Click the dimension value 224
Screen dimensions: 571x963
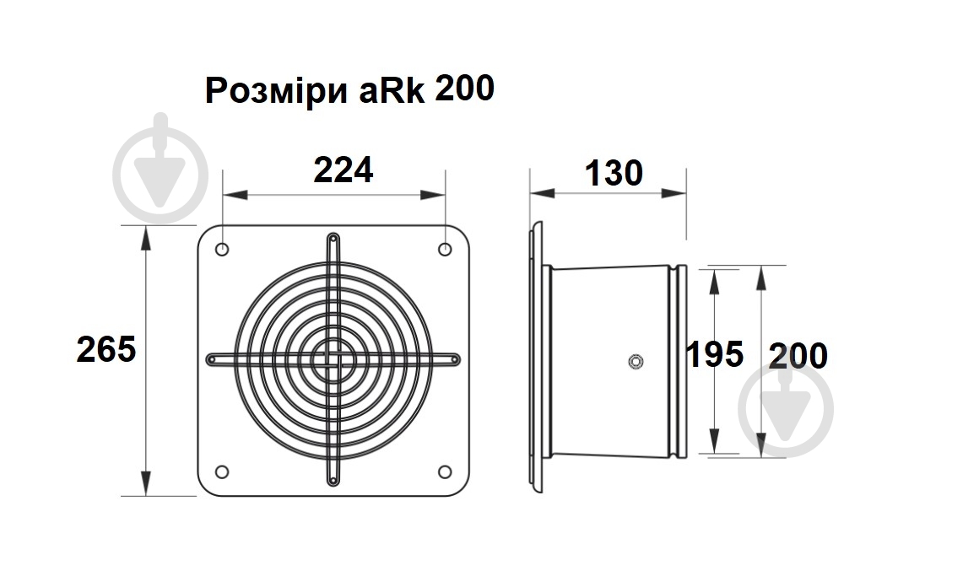(x=343, y=170)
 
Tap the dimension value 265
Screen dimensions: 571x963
(x=106, y=348)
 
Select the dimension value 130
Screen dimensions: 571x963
(x=614, y=173)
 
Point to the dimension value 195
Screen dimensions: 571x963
(x=714, y=354)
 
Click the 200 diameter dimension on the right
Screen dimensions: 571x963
(x=798, y=356)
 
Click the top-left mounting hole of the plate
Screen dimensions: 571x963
(x=222, y=250)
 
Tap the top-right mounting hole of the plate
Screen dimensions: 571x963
(x=445, y=250)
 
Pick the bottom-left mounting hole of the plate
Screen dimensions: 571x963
(x=222, y=471)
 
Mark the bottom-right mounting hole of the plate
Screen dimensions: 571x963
(x=445, y=471)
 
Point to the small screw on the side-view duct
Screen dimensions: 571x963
(x=636, y=363)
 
